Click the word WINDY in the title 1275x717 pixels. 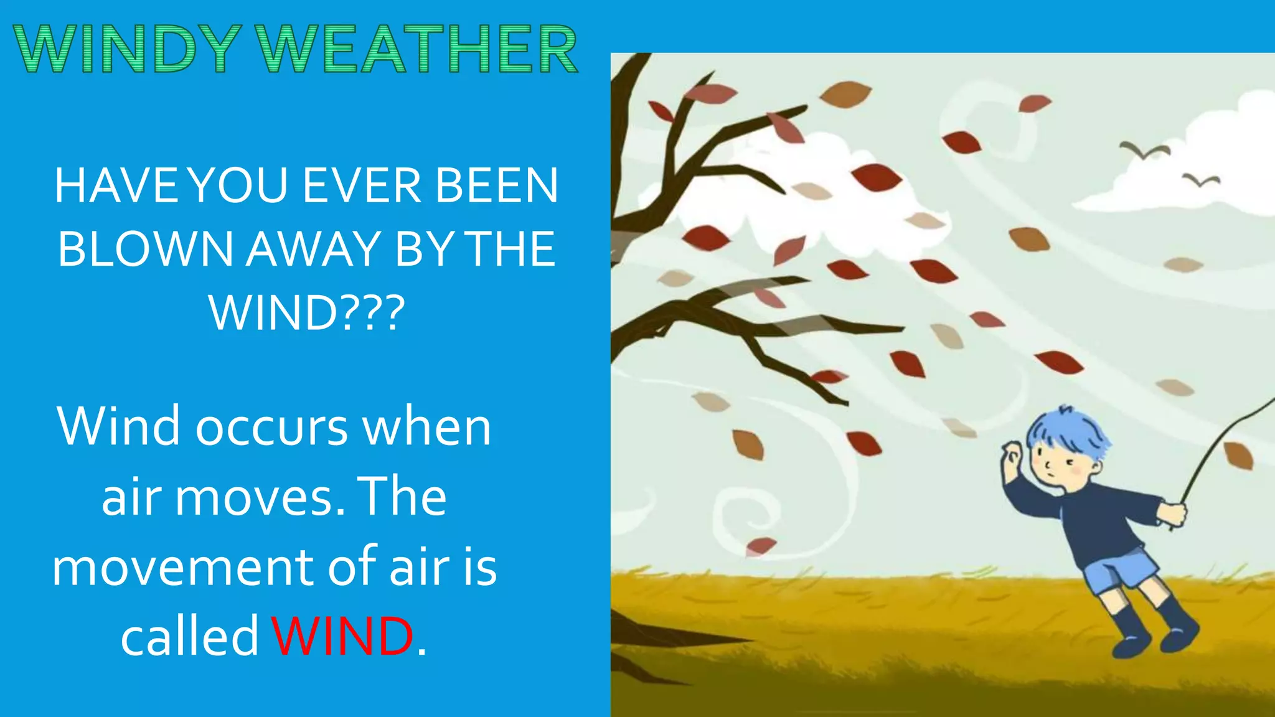pyautogui.click(x=128, y=49)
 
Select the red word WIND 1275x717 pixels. pyautogui.click(x=342, y=636)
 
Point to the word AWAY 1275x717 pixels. pyautogui.click(x=313, y=249)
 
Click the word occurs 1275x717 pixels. pyautogui.click(x=272, y=427)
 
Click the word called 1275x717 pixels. pyautogui.click(x=190, y=636)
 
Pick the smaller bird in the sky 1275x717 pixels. pyautogui.click(x=1201, y=180)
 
